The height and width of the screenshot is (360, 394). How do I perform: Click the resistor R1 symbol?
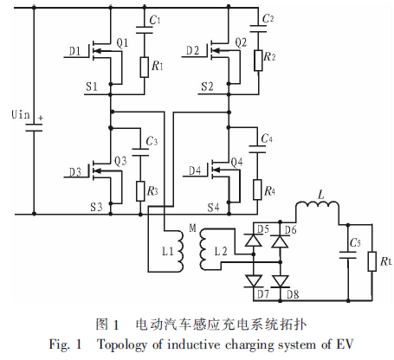pos(145,67)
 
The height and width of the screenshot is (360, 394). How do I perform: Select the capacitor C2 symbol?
pos(258,29)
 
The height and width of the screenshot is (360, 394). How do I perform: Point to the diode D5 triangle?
pos(254,240)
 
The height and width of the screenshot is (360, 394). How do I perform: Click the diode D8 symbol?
pos(281,281)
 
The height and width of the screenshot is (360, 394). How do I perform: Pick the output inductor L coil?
pos(318,205)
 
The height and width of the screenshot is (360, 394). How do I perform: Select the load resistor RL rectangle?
pos(371,261)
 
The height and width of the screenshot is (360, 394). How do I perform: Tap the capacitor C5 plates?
pos(348,255)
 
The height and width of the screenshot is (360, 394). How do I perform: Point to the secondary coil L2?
pos(203,248)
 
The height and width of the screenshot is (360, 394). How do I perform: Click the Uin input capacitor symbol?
pos(34,127)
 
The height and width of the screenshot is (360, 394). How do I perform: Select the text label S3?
pos(96,207)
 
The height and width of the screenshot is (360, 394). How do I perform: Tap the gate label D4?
pos(195,170)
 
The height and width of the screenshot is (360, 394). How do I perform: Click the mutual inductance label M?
pos(192,228)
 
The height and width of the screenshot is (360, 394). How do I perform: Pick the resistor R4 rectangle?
pos(257,190)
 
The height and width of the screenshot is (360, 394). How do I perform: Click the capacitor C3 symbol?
pos(140,152)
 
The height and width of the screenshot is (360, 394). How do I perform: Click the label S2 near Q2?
pos(207,87)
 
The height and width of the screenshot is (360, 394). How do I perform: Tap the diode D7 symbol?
pos(254,281)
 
